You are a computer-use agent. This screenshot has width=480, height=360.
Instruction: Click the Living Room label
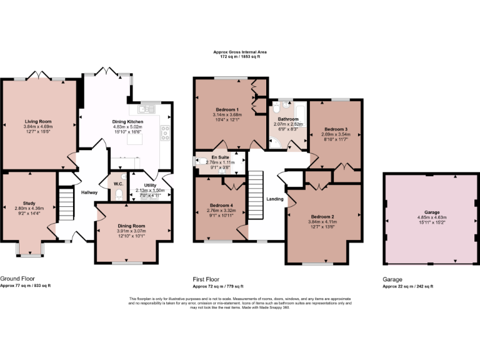[x=37, y=121]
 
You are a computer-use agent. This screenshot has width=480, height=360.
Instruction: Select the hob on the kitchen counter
[x=166, y=131]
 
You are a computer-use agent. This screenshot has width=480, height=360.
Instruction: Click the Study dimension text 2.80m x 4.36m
[x=29, y=208]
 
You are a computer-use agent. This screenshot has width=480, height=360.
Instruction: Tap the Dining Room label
[x=131, y=226]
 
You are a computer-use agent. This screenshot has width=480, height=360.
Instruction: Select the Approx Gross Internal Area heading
[x=240, y=52]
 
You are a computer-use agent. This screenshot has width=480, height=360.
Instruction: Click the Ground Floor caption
[x=17, y=279]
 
